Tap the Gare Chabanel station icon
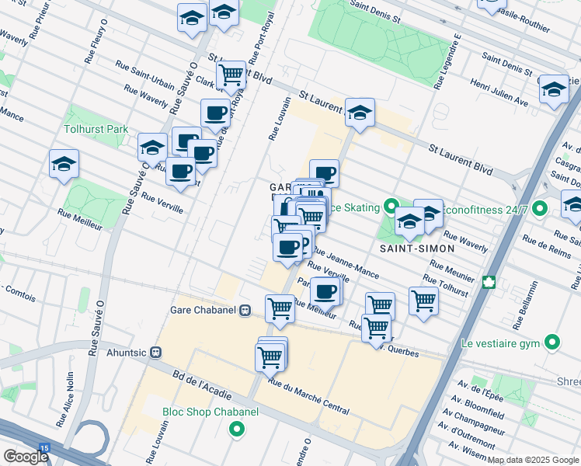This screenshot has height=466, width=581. click(245, 310)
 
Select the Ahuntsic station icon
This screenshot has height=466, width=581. click(155, 351)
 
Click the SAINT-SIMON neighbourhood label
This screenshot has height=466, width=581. click(406, 248)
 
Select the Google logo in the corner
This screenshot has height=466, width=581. click(25, 456)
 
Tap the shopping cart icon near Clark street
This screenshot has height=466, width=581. click(231, 75)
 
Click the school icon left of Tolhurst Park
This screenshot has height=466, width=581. click(64, 163)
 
